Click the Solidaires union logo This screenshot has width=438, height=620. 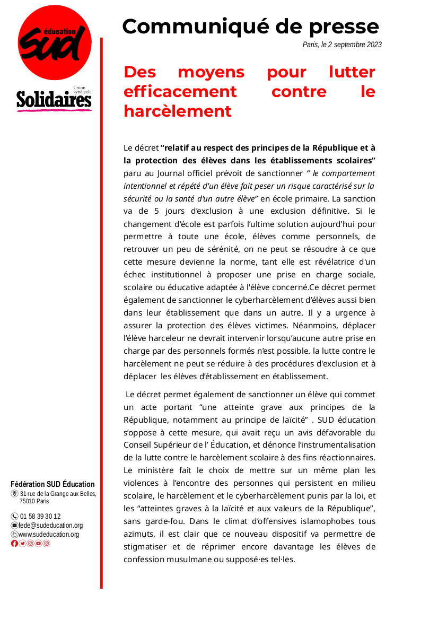(x=54, y=99)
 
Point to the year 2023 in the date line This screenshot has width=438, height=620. (x=372, y=45)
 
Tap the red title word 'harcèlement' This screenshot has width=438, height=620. (x=178, y=111)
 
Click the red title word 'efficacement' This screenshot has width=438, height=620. (x=180, y=91)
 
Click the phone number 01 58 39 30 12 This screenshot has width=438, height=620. (x=40, y=516)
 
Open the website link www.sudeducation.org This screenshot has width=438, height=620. (x=49, y=534)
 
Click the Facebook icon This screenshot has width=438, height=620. (x=14, y=543)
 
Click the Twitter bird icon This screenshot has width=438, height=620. (x=22, y=543)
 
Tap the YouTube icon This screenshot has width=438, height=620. (x=38, y=543)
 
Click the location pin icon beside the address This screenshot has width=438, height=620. (x=14, y=494)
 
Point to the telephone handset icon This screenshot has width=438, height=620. (x=14, y=516)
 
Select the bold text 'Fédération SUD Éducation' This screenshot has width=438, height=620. (x=52, y=484)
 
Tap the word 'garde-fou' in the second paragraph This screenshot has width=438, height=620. (x=162, y=521)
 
